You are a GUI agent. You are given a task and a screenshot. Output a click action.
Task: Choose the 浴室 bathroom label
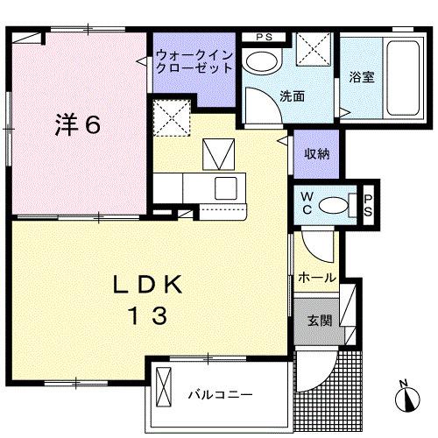coord(361,76)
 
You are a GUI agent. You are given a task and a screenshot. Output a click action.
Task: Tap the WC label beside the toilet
coord(307,203)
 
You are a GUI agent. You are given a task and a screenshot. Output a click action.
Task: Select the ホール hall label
coord(317,278)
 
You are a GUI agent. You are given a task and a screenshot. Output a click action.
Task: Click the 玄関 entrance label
coord(319,320)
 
